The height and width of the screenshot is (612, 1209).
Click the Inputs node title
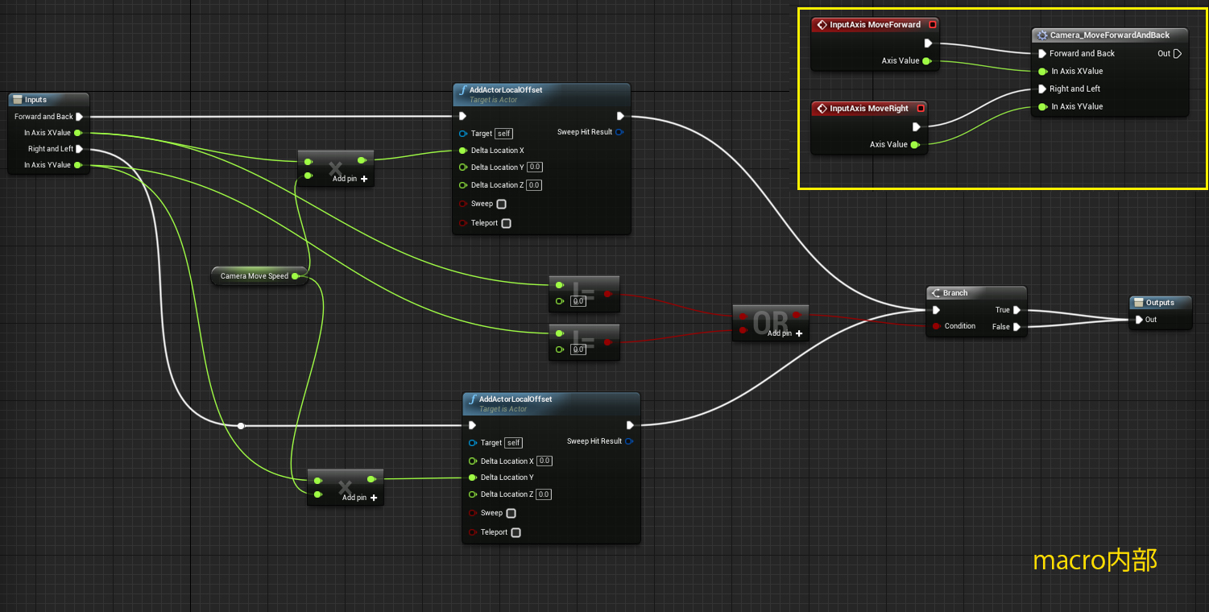[36, 100]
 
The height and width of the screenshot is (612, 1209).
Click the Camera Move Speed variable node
[255, 276]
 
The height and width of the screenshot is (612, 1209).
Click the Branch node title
[955, 293]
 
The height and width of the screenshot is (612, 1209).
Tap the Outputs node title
[1160, 303]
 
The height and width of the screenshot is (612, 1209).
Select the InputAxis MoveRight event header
[868, 109]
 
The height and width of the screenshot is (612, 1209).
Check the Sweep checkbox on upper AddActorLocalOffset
[502, 205]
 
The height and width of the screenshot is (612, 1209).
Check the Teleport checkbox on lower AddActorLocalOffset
[515, 532]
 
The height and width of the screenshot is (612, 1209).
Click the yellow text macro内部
[1095, 560]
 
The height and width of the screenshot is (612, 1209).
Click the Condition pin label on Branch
[959, 326]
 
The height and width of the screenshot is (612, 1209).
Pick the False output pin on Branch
[1016, 327]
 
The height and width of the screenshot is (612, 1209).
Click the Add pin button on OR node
[785, 333]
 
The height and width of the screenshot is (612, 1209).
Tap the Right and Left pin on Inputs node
[80, 149]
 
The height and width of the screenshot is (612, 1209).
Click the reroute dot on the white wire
[240, 425]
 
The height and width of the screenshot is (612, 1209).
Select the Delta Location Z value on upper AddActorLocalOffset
[534, 185]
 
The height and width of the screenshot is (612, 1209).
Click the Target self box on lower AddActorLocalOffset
[513, 443]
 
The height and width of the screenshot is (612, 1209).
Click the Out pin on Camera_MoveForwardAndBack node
[1177, 54]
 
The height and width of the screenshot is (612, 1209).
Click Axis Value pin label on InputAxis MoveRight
[888, 145]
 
